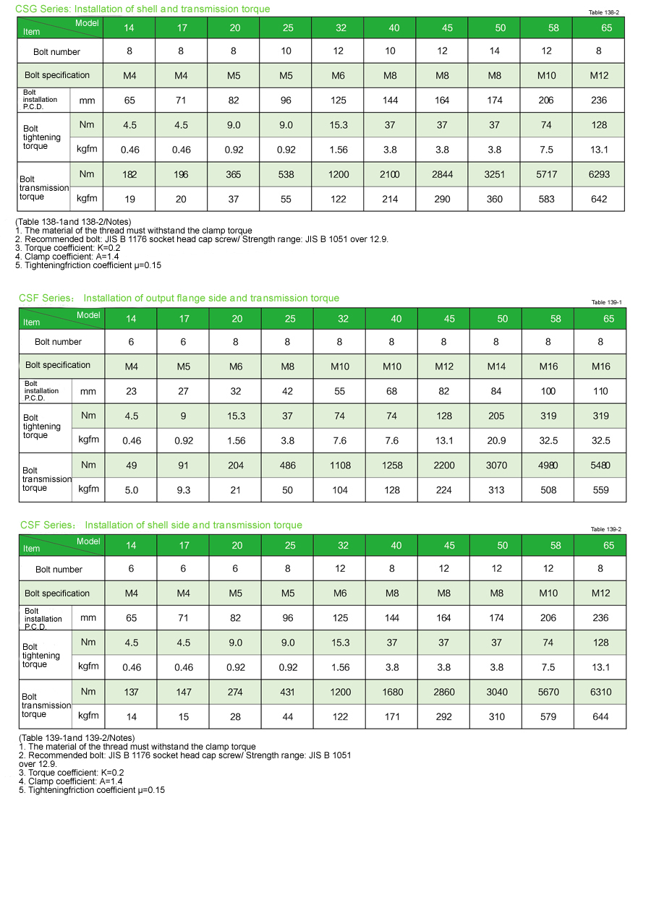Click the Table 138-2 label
tap(604, 12)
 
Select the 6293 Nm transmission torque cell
tap(599, 174)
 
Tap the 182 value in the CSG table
tap(129, 174)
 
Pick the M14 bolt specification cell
tap(496, 366)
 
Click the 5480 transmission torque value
tap(600, 466)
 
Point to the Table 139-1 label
tap(606, 302)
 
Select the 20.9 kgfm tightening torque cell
tap(496, 441)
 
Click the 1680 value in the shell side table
tap(392, 692)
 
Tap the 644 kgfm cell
tap(600, 717)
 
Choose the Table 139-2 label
tap(606, 529)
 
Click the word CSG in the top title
tap(26, 9)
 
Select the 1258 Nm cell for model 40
tap(392, 466)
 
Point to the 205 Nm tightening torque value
tap(496, 416)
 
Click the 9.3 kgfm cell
tap(184, 490)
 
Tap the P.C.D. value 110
tap(600, 391)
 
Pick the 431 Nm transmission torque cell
tap(288, 692)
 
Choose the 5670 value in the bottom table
tap(548, 692)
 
